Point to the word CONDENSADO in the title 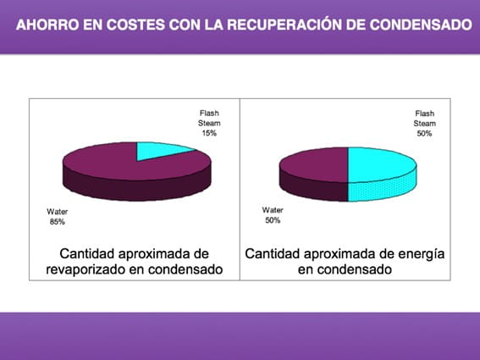[x=421, y=25]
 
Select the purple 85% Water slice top [x=123, y=165]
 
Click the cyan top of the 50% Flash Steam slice [x=378, y=164]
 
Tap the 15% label [x=209, y=133]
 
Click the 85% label [x=58, y=222]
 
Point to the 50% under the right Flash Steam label [x=425, y=134]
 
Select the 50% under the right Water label [x=273, y=220]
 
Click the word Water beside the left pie [x=58, y=212]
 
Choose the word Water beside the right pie [x=273, y=210]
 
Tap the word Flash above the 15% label [x=209, y=113]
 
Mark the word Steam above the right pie [x=425, y=124]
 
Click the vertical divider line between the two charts [x=240, y=190]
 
